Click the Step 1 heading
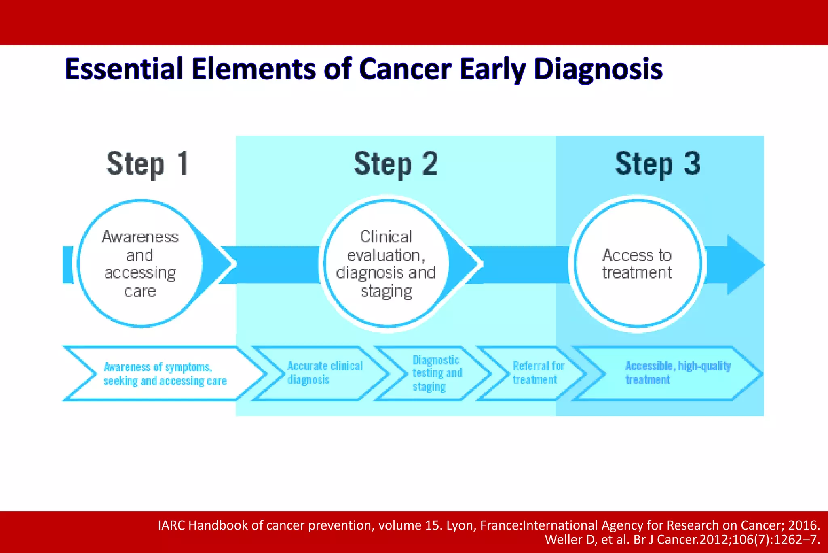click(148, 164)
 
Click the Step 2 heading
click(396, 164)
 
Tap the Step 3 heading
click(657, 164)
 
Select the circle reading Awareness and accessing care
click(140, 263)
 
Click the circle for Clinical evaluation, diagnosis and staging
click(386, 263)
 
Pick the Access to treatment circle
click(637, 264)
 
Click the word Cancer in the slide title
click(405, 69)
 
